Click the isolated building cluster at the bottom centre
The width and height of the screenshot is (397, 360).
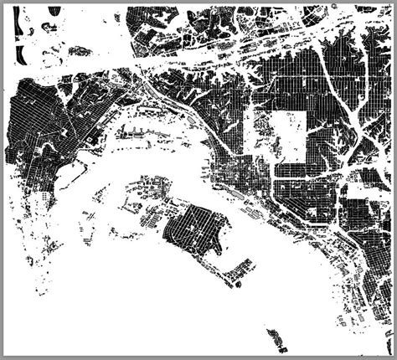click(275, 339)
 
